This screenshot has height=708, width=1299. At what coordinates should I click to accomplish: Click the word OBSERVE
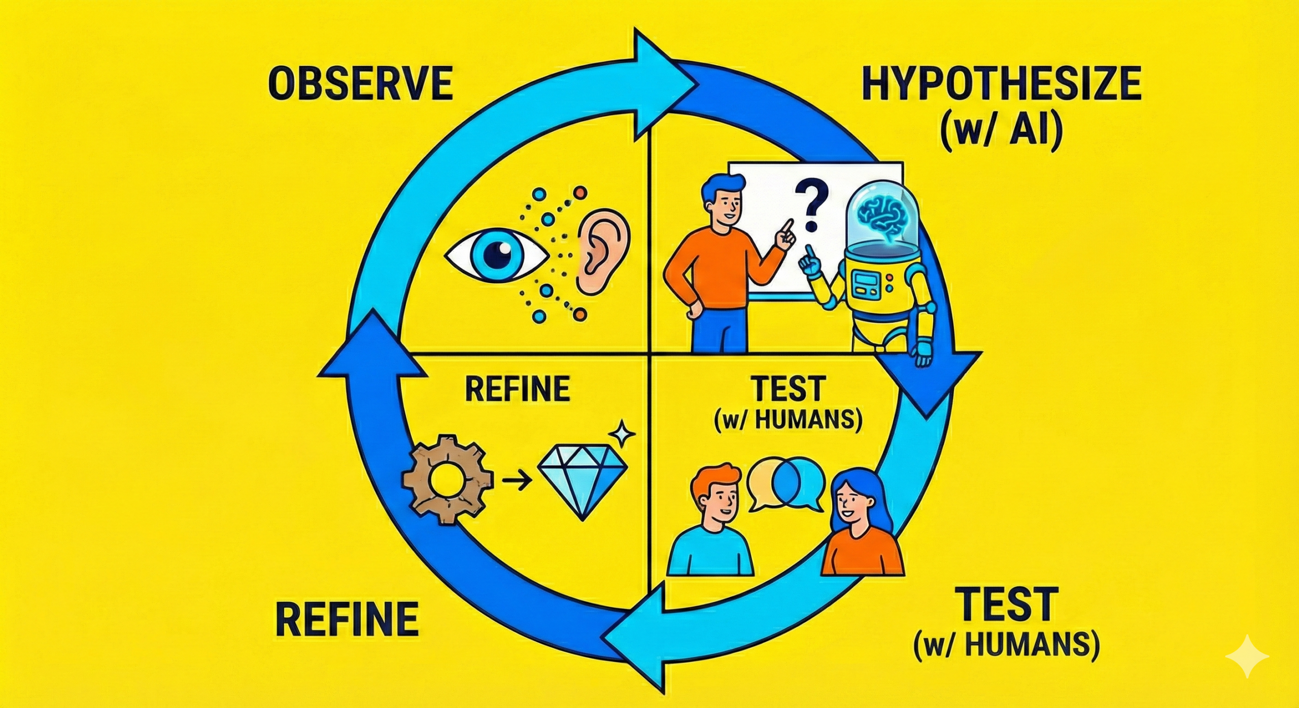click(x=360, y=85)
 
